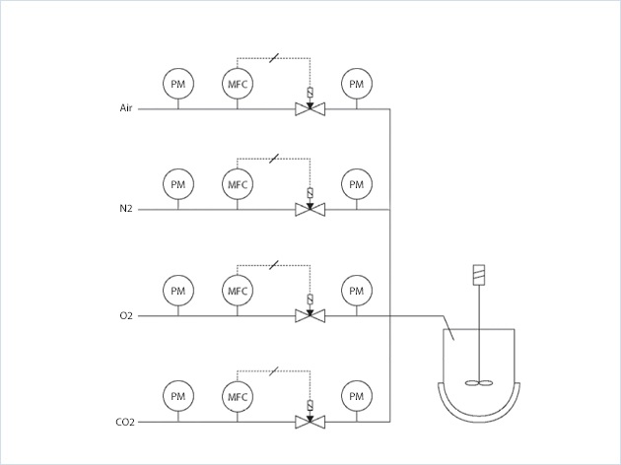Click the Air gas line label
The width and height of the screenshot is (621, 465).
125,107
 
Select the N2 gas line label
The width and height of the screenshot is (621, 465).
126,209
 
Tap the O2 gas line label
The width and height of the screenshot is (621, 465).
126,315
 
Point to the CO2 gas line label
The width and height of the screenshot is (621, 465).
124,422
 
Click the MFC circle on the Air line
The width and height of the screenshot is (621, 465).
237,85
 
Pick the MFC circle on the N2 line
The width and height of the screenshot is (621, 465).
237,184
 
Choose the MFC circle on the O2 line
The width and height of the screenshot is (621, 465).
237,291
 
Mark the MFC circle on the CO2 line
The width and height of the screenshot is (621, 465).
237,397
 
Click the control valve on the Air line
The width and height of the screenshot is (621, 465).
310,107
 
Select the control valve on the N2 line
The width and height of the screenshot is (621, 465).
310,209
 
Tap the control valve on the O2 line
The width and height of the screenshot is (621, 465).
310,315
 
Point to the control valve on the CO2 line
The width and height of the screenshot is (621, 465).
310,422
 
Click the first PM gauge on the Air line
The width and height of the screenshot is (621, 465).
177,85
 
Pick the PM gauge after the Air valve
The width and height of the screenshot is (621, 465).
355,85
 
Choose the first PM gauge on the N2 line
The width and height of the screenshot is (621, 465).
177,184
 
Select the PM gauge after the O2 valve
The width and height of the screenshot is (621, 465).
355,291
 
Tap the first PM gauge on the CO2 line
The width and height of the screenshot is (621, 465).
177,397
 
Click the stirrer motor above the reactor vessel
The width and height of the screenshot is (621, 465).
481,274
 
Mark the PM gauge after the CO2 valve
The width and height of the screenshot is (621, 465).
355,397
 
